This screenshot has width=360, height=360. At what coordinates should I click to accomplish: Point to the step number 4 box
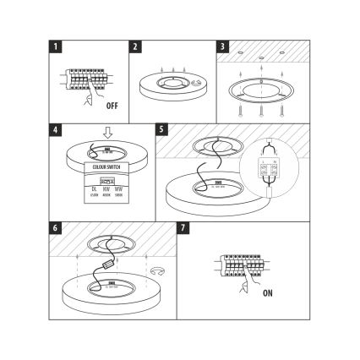(55, 131)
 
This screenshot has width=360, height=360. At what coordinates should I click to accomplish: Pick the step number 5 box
(162, 131)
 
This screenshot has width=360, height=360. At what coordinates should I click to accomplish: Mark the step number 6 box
(55, 228)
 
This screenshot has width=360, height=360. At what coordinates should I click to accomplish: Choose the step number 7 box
(183, 228)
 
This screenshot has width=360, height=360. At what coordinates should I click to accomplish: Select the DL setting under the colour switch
(94, 190)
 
